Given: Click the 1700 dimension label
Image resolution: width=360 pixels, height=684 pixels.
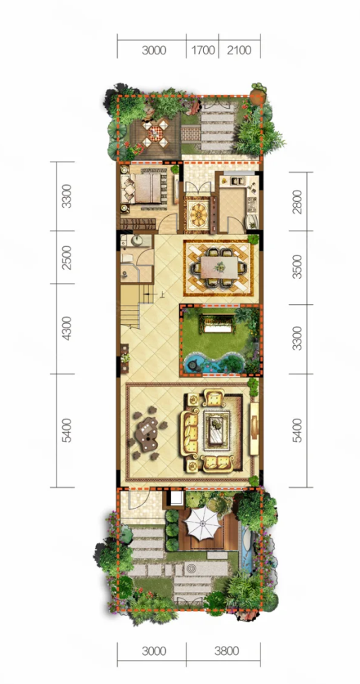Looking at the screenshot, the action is [x=203, y=51].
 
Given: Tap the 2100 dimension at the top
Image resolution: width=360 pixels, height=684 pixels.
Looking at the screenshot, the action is [x=239, y=51].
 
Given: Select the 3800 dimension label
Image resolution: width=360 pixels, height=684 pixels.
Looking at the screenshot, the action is [x=226, y=652].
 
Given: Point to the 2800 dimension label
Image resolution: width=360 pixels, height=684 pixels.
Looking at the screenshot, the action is [x=298, y=201].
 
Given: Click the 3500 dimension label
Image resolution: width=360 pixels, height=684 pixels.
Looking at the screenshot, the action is [x=298, y=268].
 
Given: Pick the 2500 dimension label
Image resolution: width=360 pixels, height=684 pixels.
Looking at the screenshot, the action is [x=66, y=258].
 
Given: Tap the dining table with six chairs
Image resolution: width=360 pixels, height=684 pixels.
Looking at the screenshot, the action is [x=219, y=266].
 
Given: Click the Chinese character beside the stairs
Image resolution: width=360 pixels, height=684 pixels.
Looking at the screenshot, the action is [x=162, y=295].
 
